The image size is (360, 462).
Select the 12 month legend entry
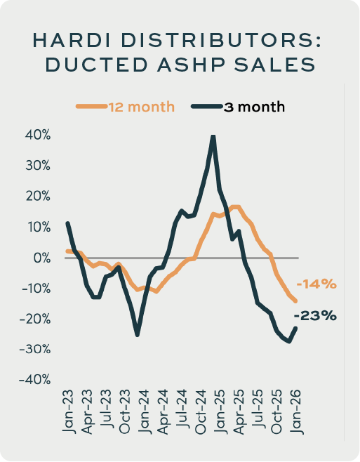pyautogui.click(x=125, y=107)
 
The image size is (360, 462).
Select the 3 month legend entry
pyautogui.click(x=238, y=107)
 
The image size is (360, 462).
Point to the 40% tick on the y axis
pyautogui.click(x=38, y=136)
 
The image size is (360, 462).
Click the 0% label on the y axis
pyautogui.click(x=42, y=258)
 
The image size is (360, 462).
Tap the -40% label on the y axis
pyautogui.click(x=35, y=380)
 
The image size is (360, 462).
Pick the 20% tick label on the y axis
pyautogui.click(x=38, y=197)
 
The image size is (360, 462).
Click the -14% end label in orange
pyautogui.click(x=316, y=284)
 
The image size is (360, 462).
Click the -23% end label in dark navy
pyautogui.click(x=315, y=316)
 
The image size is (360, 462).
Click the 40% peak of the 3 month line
pyautogui.click(x=213, y=137)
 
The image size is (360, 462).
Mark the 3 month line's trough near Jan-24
pyautogui.click(x=138, y=335)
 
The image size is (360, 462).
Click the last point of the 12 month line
pyautogui.click(x=295, y=301)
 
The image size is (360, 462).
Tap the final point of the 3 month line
pyautogui.click(x=295, y=328)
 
